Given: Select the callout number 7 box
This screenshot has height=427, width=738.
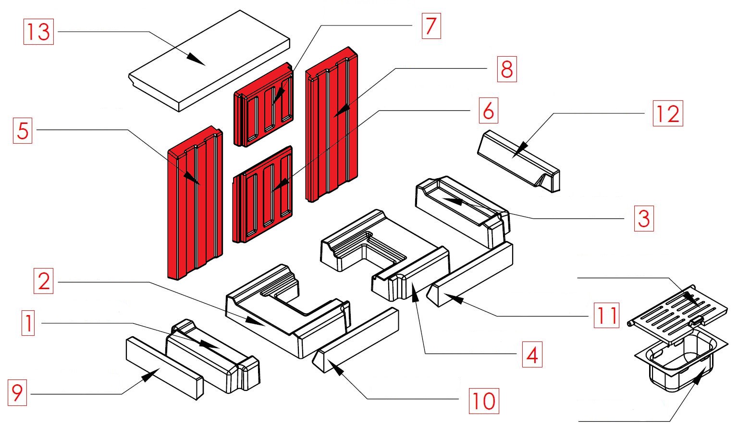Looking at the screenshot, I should (431, 26).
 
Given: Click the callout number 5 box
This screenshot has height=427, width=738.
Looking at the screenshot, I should (23, 131).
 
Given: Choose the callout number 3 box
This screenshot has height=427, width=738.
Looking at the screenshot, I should (643, 219).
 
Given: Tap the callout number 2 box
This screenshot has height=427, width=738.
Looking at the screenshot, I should (44, 281).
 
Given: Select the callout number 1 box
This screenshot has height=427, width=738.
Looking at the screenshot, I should (28, 323).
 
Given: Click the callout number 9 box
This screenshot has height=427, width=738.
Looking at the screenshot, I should (17, 393).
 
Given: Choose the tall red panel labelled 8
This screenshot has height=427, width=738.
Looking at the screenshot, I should (332, 130).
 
